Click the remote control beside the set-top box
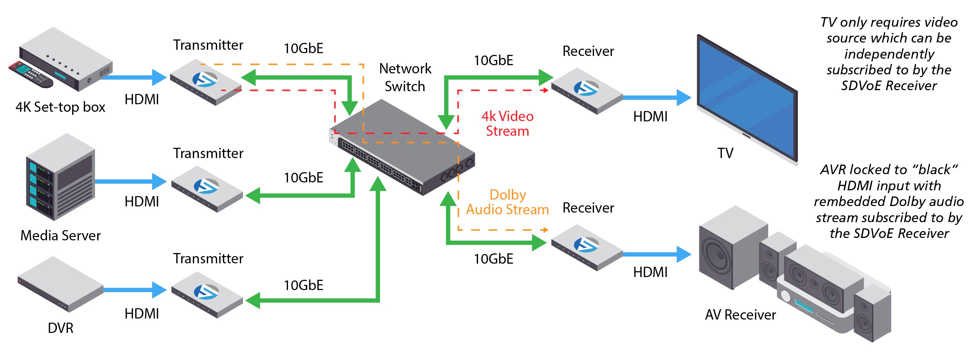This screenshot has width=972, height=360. (30, 75)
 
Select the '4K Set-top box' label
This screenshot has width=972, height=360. (60, 107)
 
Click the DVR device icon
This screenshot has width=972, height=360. (60, 284)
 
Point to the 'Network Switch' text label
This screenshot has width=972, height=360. (405, 77)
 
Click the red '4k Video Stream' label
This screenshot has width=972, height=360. (507, 123)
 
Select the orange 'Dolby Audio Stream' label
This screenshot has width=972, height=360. (507, 202)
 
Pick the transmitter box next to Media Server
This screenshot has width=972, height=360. (207, 189)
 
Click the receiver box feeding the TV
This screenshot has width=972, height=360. (587, 91)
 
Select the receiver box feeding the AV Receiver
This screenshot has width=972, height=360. (587, 248)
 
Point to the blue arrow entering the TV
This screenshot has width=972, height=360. (656, 97)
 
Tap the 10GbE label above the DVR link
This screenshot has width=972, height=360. (304, 285)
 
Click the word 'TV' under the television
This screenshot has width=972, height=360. (725, 153)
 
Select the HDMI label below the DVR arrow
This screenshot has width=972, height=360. (142, 314)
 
